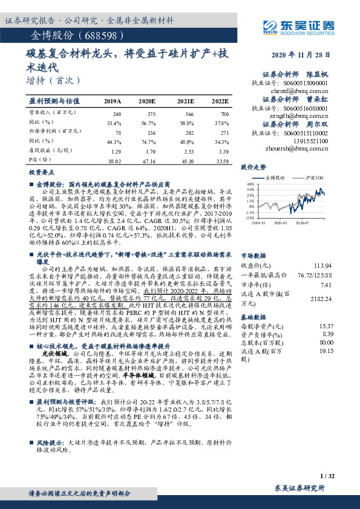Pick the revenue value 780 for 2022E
[224, 113]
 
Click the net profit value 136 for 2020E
[148, 131]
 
